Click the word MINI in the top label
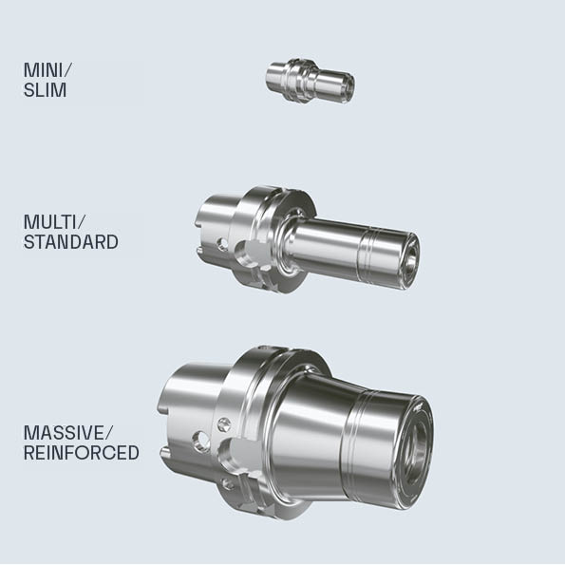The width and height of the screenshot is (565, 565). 44,70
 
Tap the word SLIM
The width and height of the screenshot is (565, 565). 45,89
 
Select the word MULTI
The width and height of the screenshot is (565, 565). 50,221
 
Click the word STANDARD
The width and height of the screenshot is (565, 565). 71,242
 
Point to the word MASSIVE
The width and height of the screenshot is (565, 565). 64,432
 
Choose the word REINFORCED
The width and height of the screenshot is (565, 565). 82,453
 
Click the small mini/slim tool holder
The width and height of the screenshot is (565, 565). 311,81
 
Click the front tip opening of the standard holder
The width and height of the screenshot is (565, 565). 411,260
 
